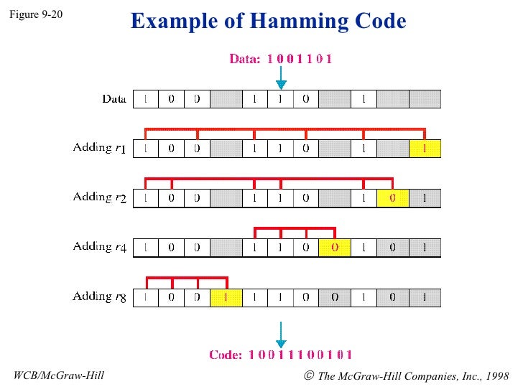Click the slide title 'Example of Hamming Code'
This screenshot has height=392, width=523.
(x=268, y=22)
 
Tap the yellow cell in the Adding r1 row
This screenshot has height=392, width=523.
(x=425, y=149)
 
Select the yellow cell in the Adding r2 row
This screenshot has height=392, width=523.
(x=392, y=197)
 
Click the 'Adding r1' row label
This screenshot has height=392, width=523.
(x=100, y=149)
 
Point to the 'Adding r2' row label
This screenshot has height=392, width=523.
(x=100, y=197)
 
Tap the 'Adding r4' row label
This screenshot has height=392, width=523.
(x=100, y=247)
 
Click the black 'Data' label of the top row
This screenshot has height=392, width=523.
(x=114, y=99)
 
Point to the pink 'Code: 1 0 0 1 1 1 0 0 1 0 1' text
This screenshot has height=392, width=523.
(x=280, y=355)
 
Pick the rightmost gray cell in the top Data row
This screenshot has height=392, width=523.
(x=425, y=99)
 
